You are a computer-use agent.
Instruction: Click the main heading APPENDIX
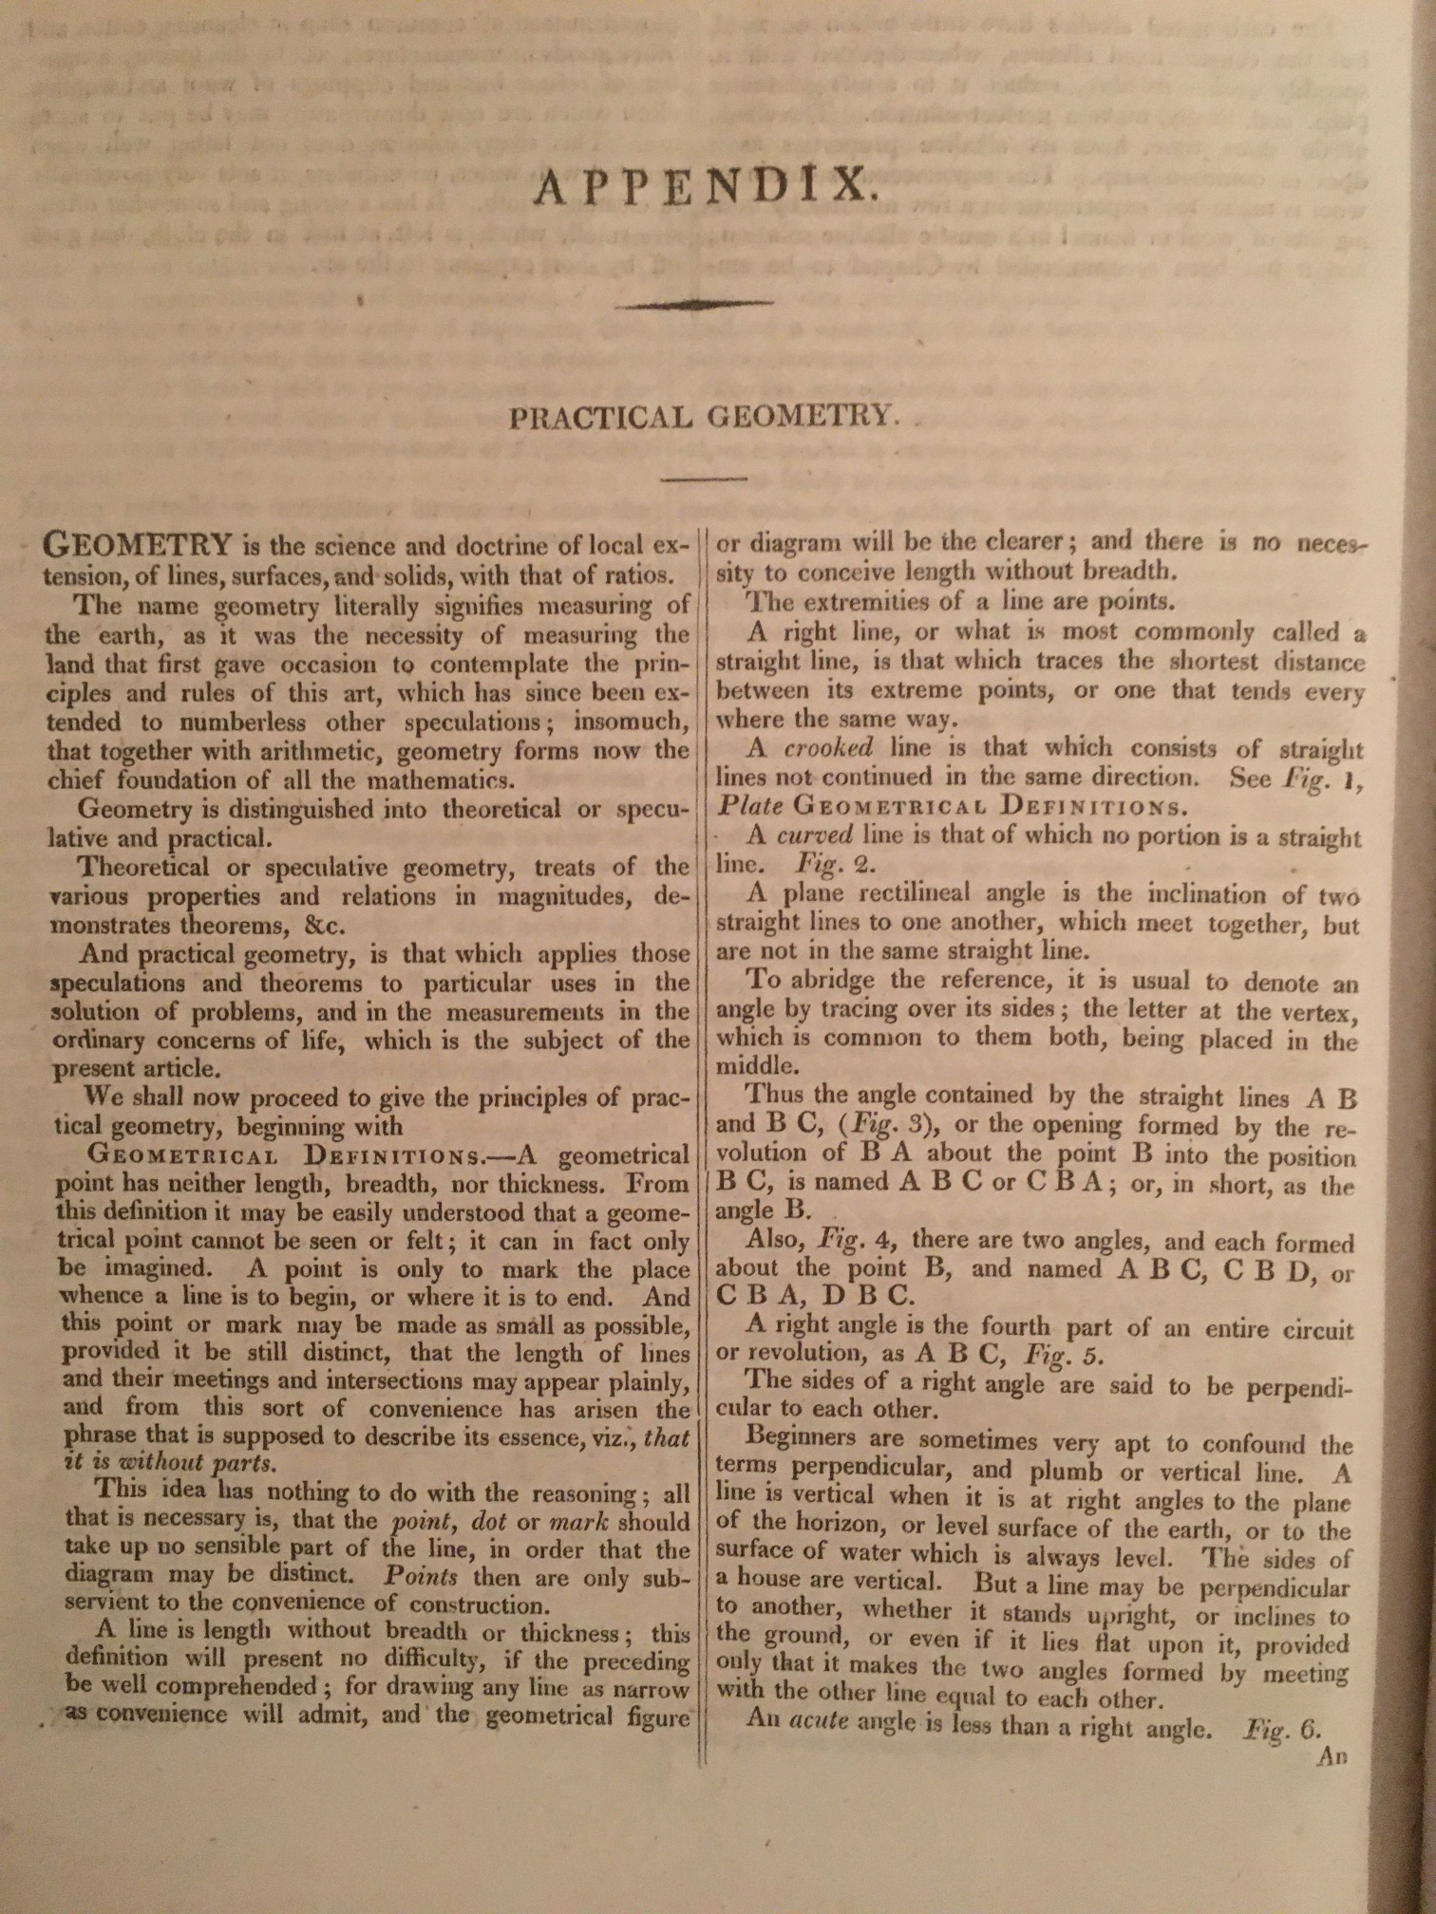pyautogui.click(x=703, y=185)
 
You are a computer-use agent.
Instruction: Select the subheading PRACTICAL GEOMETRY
pyautogui.click(x=704, y=417)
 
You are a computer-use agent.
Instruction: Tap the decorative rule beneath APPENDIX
pyautogui.click(x=694, y=305)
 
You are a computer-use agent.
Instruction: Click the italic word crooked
pyautogui.click(x=827, y=748)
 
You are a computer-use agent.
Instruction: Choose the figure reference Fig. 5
pyautogui.click(x=1065, y=1356)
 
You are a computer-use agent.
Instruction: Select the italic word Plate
pyautogui.click(x=749, y=806)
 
